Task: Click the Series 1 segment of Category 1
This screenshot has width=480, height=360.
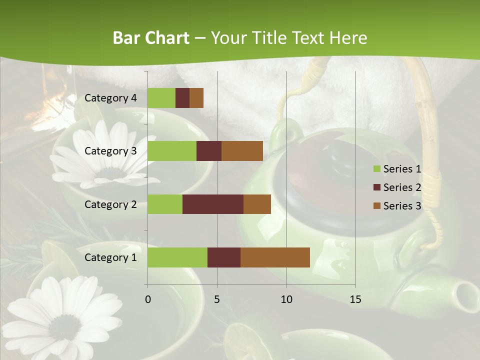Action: pyautogui.click(x=177, y=257)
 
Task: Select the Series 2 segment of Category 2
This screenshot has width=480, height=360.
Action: pyautogui.click(x=212, y=204)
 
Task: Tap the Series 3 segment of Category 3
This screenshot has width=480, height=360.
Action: pyautogui.click(x=242, y=151)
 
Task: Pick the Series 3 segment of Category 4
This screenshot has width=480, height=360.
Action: pyautogui.click(x=196, y=98)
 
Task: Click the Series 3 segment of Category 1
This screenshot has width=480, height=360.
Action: pyautogui.click(x=275, y=257)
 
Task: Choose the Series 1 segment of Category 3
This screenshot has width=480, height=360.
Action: pyautogui.click(x=171, y=151)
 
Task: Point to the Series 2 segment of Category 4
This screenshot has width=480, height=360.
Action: pyautogui.click(x=182, y=98)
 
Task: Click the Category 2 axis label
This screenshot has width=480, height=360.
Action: pyautogui.click(x=110, y=204)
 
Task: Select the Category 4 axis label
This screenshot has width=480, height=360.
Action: pyautogui.click(x=110, y=98)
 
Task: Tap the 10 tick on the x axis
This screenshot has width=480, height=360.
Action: pyautogui.click(x=286, y=299)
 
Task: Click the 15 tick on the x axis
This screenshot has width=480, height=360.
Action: pyautogui.click(x=355, y=299)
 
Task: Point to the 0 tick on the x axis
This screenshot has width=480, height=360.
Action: pyautogui.click(x=147, y=299)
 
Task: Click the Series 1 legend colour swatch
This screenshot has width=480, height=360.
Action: pyautogui.click(x=376, y=169)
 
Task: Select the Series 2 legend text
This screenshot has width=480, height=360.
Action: pyautogui.click(x=402, y=187)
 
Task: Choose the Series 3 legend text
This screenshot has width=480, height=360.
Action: pyautogui.click(x=402, y=205)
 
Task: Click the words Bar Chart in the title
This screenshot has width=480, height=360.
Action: pyautogui.click(x=151, y=38)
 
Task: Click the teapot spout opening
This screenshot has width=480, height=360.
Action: pyautogui.click(x=467, y=290)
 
